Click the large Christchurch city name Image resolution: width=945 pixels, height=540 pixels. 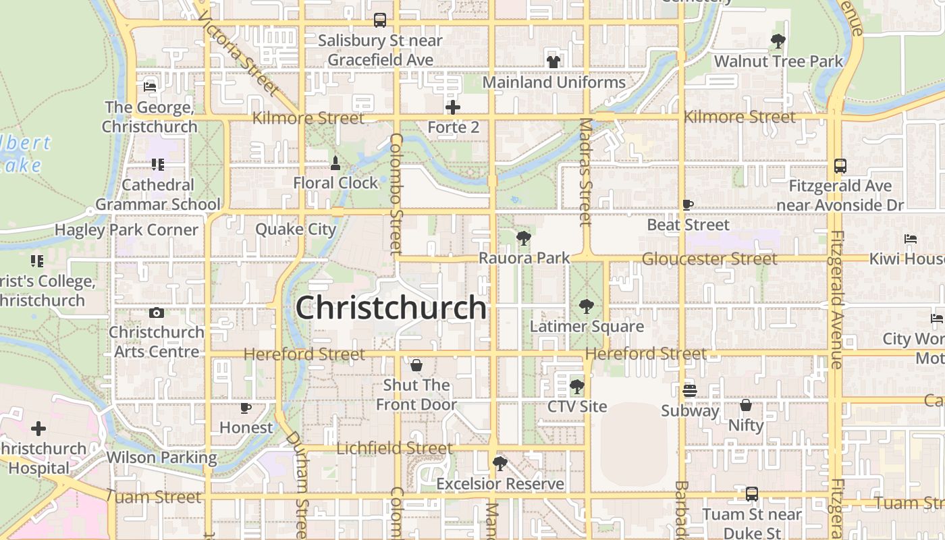(391, 308)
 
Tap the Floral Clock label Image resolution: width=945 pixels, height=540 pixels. (335, 183)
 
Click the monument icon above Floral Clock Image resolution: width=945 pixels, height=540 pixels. (335, 163)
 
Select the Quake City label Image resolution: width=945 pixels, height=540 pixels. (296, 229)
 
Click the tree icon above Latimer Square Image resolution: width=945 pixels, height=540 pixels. (586, 306)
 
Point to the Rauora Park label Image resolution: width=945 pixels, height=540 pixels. (524, 258)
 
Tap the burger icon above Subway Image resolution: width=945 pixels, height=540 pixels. (689, 391)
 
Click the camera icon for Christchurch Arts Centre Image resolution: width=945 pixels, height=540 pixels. (157, 313)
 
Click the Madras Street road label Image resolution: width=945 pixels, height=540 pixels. (585, 172)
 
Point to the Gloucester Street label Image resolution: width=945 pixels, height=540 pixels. (709, 259)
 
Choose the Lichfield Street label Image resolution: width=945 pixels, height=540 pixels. (394, 448)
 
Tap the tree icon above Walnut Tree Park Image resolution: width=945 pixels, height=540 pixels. (778, 41)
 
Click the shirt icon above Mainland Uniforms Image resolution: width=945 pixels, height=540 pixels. (553, 62)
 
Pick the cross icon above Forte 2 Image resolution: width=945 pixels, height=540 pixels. (453, 107)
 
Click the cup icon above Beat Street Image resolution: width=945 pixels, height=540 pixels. (688, 205)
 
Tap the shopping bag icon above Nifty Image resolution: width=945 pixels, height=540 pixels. (745, 405)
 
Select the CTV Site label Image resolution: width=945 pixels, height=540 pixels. (577, 406)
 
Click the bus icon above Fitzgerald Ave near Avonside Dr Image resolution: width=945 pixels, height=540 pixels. (840, 165)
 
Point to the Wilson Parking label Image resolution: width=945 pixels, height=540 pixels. (162, 457)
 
